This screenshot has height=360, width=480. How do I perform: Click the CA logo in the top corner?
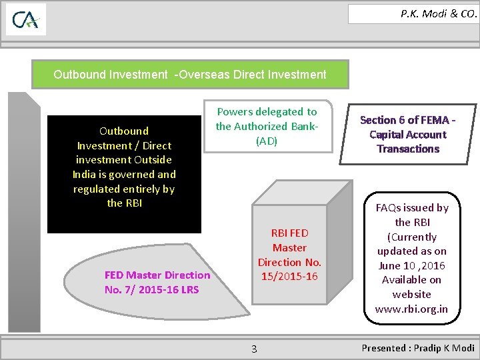click(26, 20)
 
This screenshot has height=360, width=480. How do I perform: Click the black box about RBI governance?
click(124, 173)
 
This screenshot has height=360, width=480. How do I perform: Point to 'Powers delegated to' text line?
click(267, 112)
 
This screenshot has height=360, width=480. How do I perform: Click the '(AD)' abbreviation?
click(267, 141)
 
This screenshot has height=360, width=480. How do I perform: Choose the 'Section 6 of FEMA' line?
click(408, 120)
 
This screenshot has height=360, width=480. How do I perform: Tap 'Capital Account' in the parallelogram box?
click(408, 134)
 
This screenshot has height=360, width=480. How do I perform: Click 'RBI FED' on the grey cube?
click(289, 233)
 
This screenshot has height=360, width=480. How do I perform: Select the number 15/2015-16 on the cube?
click(289, 276)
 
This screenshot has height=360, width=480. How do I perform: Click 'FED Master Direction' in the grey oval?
click(157, 275)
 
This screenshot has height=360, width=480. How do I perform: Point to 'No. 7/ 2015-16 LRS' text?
click(152, 289)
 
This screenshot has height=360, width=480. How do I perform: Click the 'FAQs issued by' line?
click(413, 208)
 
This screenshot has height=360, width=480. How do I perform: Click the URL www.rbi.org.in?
click(411, 309)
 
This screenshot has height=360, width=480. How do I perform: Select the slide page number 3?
click(254, 349)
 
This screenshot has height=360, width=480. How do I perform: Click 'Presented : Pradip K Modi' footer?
click(418, 348)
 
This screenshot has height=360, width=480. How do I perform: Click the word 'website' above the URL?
click(412, 294)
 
